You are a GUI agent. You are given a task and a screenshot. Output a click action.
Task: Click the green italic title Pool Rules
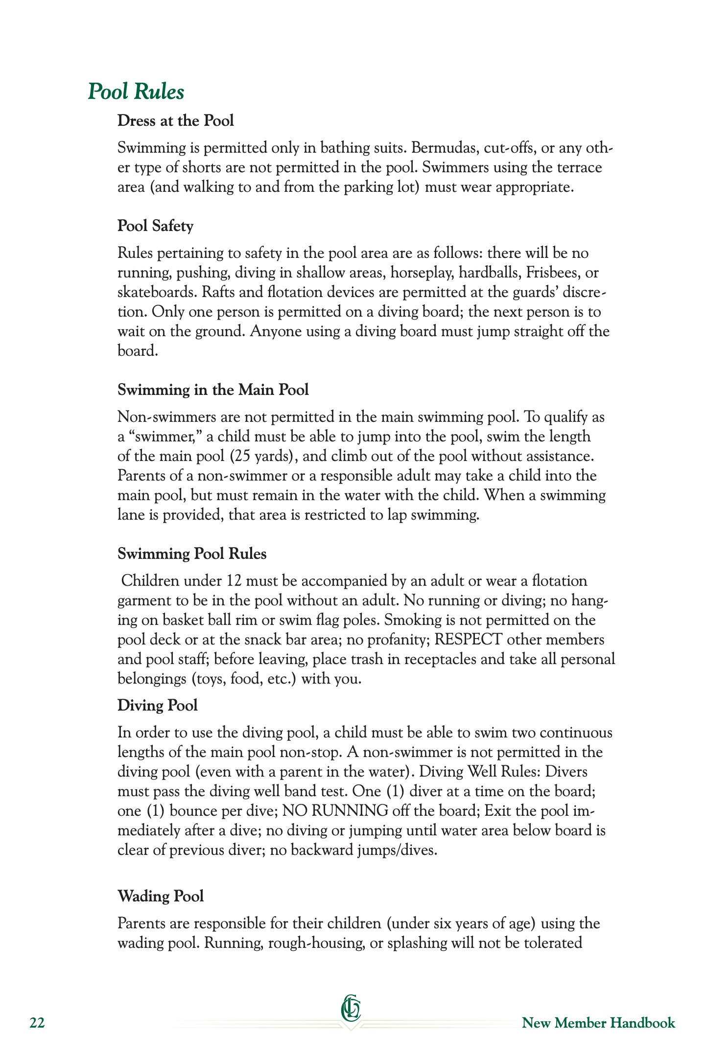136,92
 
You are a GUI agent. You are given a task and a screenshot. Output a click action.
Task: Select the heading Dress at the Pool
175,121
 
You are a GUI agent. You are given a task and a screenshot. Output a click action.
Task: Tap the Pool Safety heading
155,226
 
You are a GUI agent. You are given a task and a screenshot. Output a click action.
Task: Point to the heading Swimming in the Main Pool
213,390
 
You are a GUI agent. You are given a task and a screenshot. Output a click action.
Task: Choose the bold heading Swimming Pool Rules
192,554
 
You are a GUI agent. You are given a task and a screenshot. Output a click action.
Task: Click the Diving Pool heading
157,706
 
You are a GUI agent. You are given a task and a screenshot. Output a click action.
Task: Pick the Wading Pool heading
161,896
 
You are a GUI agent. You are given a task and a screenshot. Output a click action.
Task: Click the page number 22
37,1023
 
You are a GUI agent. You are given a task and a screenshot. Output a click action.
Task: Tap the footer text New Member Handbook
598,1023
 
